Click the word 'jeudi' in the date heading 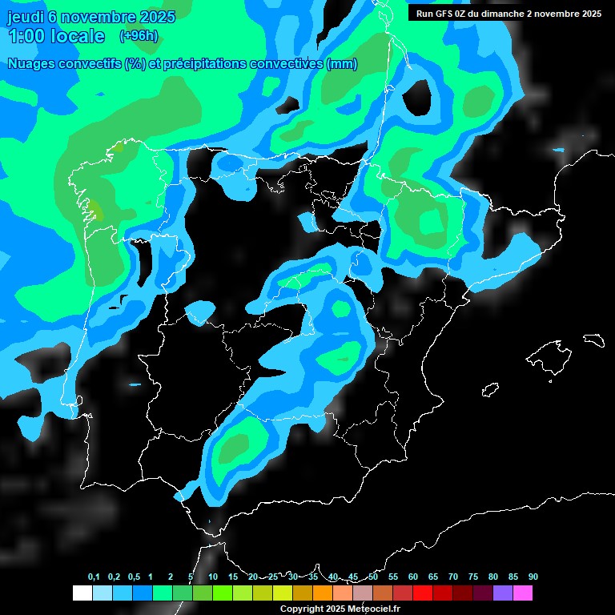point(26,17)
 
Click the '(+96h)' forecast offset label point(139,35)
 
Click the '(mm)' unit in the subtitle point(342,64)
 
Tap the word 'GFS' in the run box point(442,14)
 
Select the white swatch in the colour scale point(82,593)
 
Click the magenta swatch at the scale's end point(523,593)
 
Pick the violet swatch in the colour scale point(503,593)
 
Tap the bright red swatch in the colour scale point(423,593)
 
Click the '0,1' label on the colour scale point(94,577)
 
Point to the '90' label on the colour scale point(533,577)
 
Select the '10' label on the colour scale point(213,577)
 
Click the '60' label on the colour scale point(413,577)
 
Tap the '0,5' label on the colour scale point(134,577)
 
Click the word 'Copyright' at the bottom point(302,609)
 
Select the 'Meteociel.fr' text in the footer point(373,609)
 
